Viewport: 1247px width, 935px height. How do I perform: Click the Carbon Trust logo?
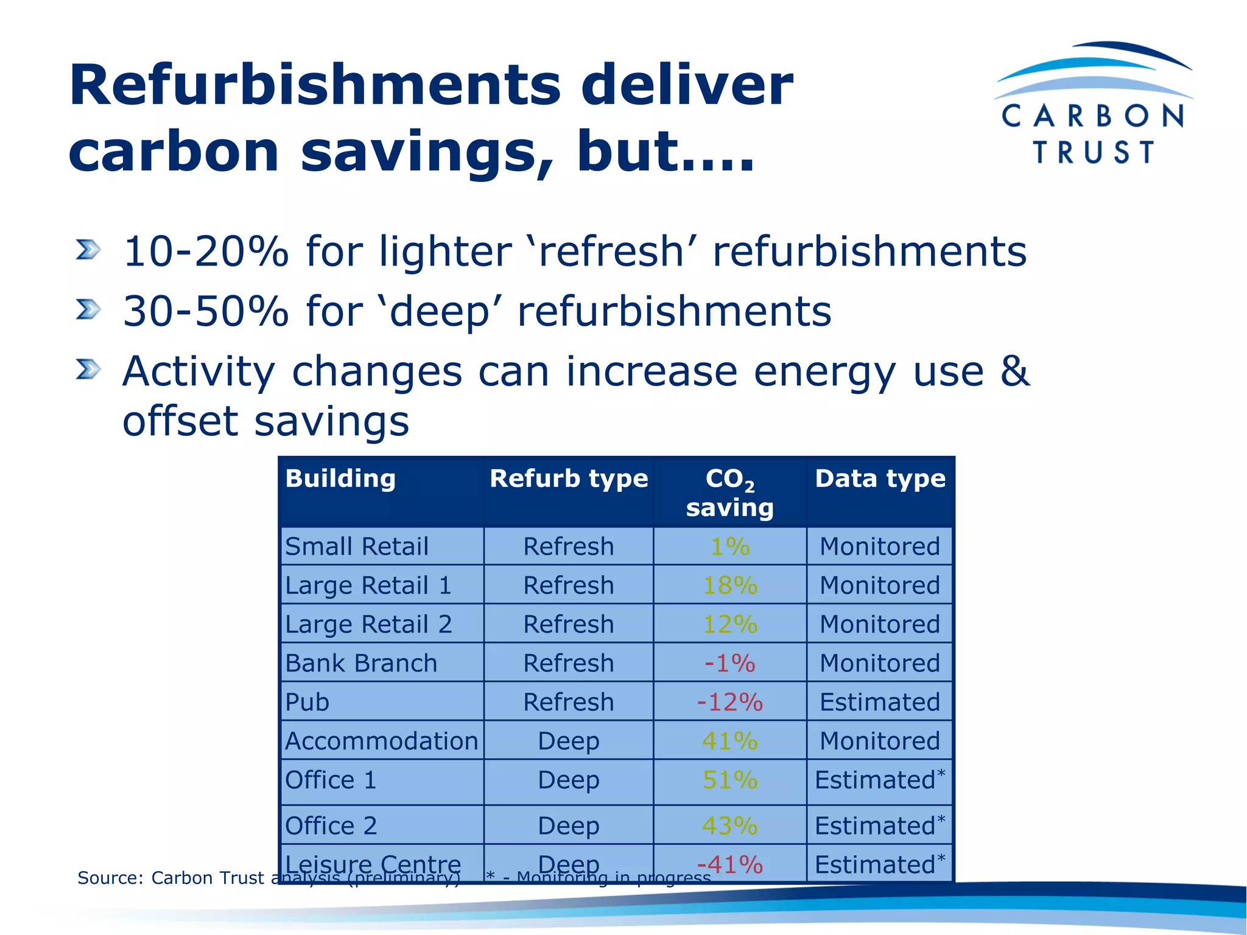point(1093,103)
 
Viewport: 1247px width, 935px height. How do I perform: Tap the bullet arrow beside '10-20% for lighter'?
point(88,250)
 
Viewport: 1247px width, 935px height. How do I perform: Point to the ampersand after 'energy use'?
point(1014,371)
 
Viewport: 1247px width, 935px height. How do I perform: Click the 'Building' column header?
point(340,479)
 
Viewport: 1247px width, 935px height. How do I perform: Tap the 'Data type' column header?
point(880,479)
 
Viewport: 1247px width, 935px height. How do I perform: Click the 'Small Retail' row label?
point(357,547)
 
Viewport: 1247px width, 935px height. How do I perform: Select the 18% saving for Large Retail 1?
point(729,586)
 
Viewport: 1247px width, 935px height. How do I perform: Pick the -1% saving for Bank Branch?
point(729,664)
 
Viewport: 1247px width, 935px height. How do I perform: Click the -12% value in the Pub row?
point(729,702)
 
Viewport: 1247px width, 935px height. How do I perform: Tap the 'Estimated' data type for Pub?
point(880,702)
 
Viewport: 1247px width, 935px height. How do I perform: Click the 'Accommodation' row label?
point(381,741)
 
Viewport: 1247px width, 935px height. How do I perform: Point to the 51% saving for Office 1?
point(729,780)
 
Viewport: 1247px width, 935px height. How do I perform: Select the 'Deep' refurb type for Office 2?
point(569,826)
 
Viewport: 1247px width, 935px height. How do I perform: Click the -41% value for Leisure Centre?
point(729,865)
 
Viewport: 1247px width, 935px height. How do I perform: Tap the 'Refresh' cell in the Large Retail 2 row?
point(569,625)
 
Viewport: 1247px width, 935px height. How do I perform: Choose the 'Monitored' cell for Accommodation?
point(880,741)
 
